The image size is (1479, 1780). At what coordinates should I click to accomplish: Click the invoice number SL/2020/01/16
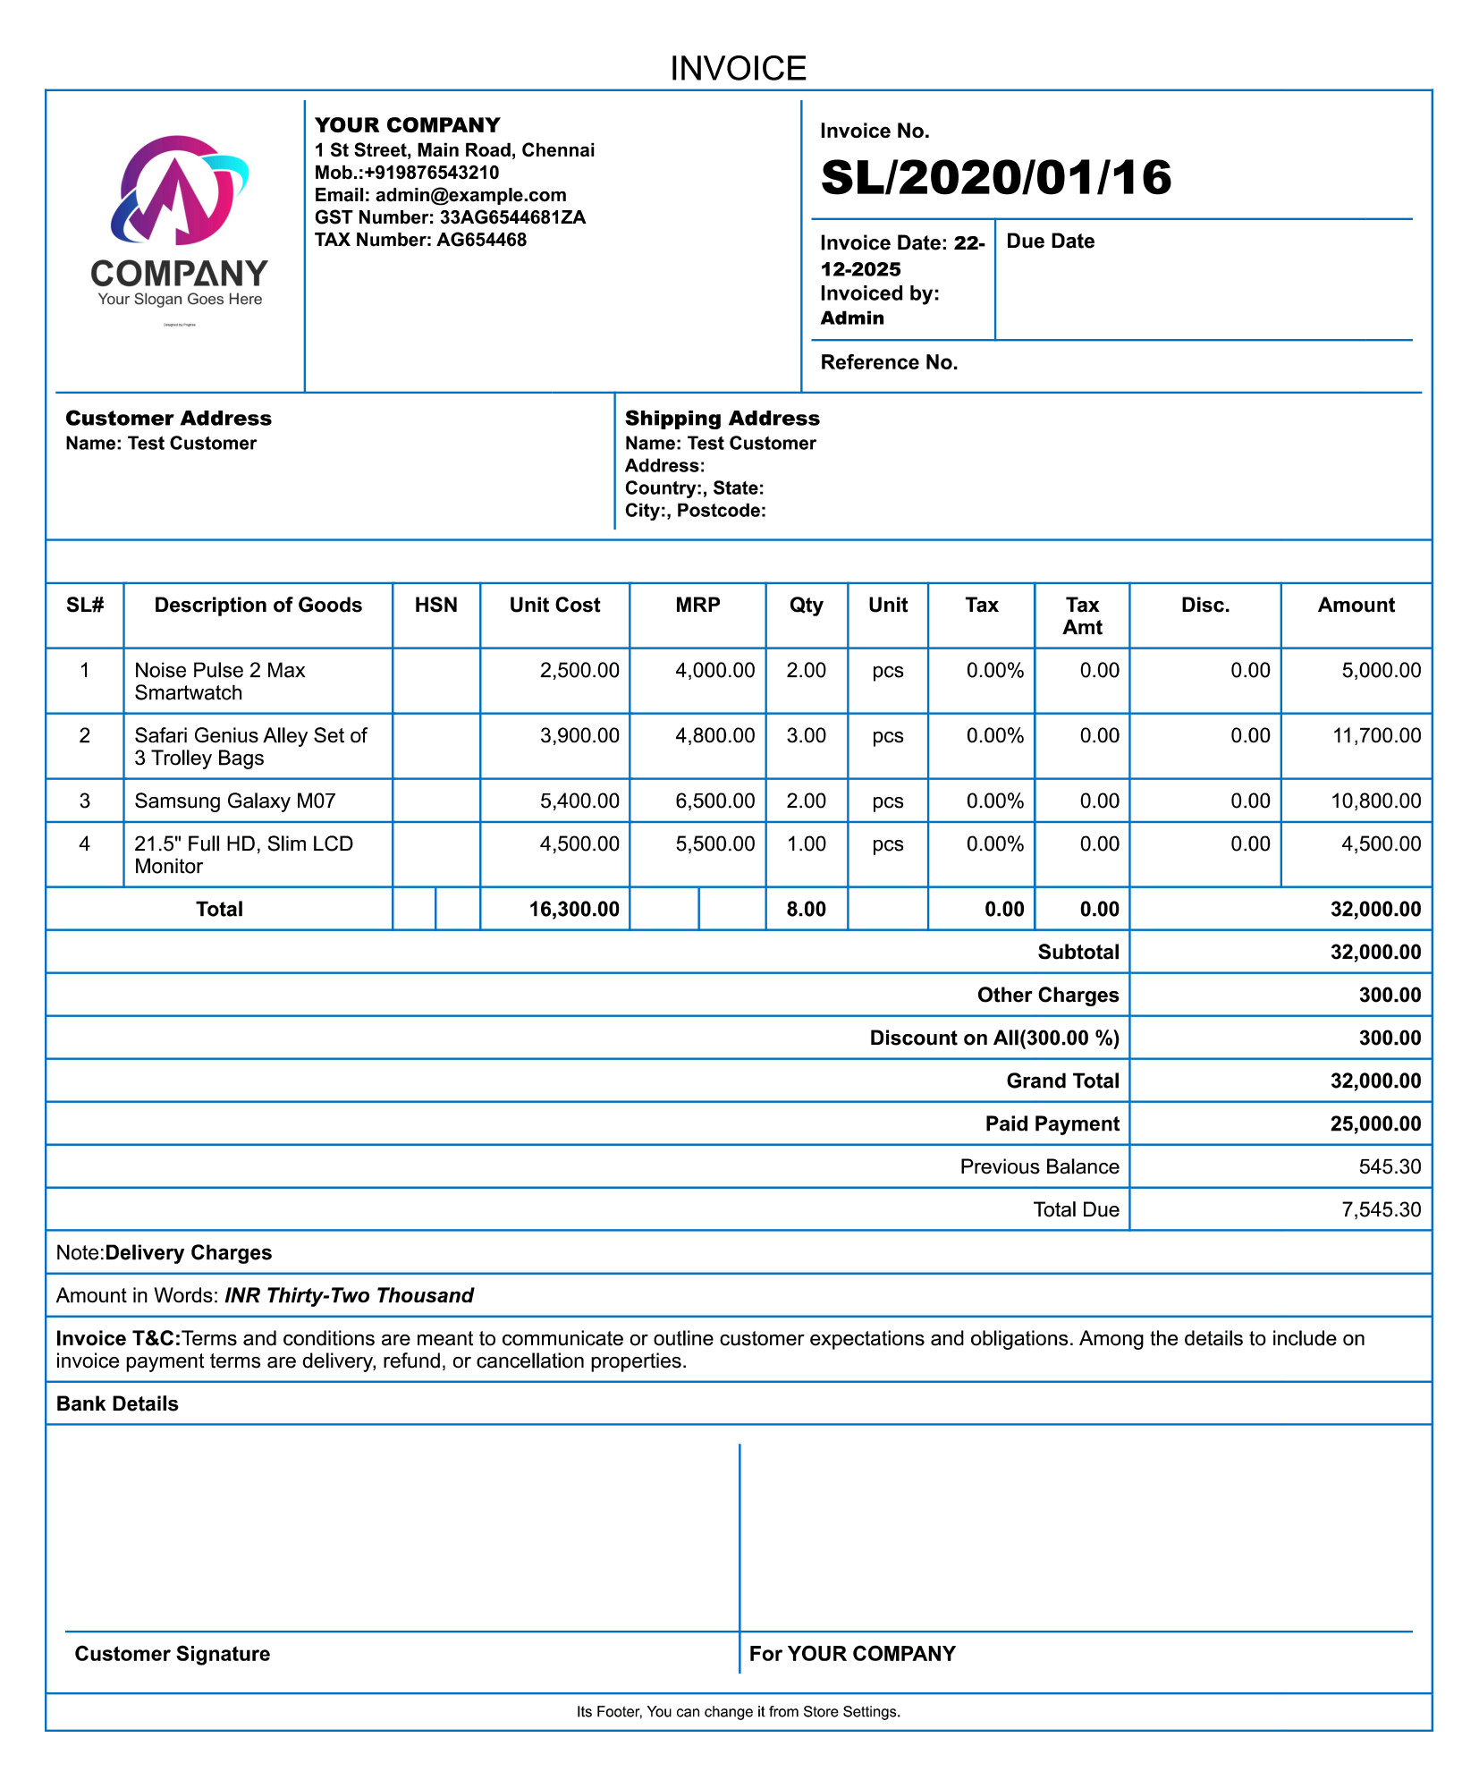click(995, 177)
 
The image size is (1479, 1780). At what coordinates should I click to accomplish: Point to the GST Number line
click(450, 217)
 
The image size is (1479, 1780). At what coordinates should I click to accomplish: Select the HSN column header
click(435, 606)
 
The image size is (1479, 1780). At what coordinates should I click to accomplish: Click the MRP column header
click(697, 606)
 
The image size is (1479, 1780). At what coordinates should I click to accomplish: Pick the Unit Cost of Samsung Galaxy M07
click(579, 801)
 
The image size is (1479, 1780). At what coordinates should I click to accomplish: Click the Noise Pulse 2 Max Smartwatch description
click(220, 681)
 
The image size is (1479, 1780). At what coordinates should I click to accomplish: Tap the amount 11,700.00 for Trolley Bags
click(1376, 735)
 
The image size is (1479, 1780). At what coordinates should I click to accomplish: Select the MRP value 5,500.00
click(714, 843)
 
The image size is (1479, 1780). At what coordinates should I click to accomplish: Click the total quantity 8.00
click(806, 909)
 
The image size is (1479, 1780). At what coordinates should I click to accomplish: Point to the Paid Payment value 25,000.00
click(1375, 1123)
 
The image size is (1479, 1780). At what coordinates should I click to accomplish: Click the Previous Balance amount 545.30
click(1390, 1166)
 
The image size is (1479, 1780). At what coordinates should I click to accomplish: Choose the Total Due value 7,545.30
click(1381, 1209)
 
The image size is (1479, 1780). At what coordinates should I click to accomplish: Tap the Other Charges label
click(1047, 995)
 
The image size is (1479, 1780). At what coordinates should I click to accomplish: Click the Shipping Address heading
click(722, 419)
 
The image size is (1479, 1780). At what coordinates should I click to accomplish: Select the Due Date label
click(1050, 242)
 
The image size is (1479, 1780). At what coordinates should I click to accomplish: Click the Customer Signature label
click(172, 1654)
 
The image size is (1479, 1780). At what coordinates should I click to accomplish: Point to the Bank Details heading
click(117, 1403)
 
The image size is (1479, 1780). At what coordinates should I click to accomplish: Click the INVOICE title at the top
click(738, 69)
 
